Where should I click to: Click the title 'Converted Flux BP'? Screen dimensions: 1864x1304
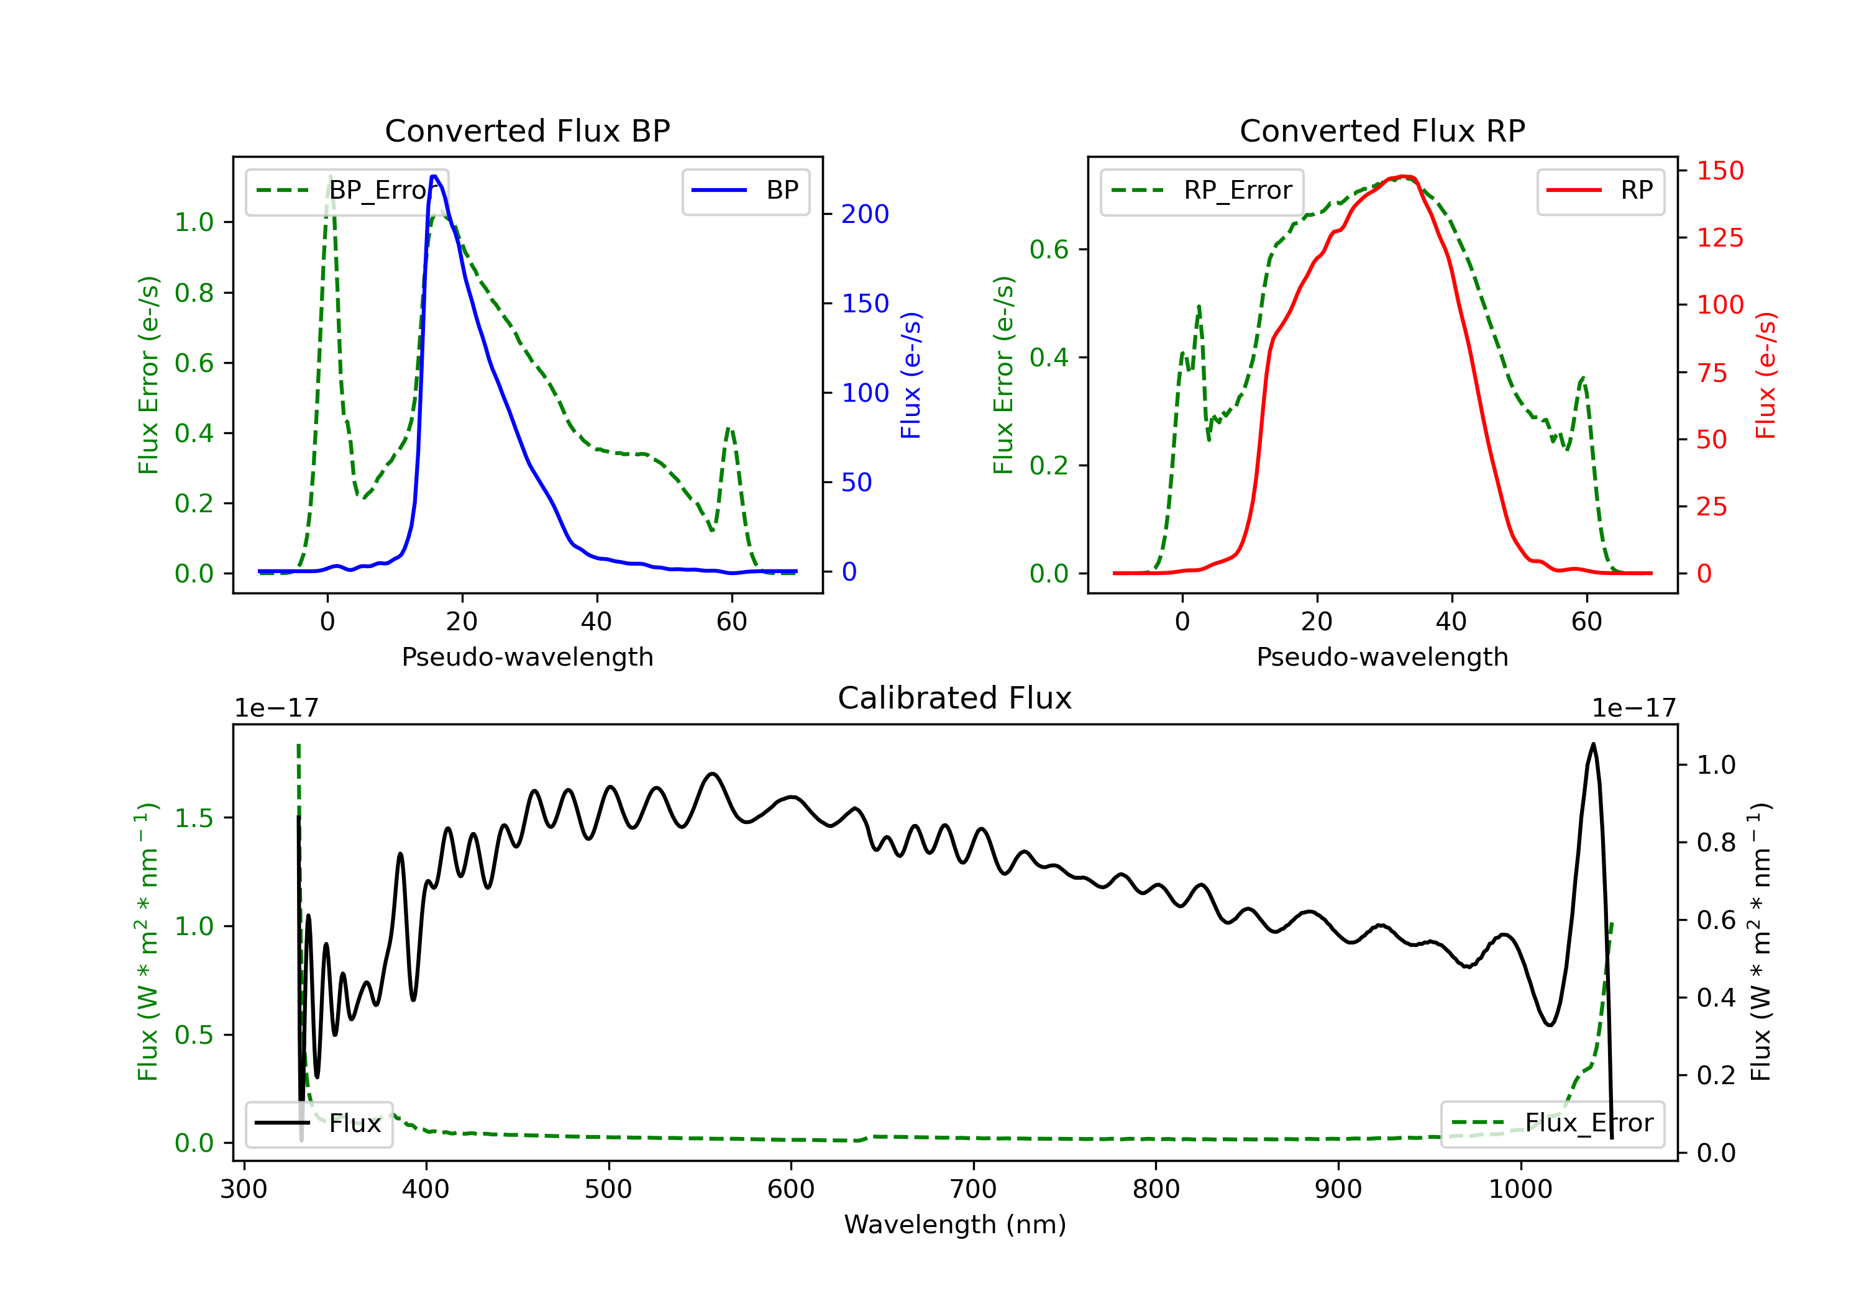coord(527,130)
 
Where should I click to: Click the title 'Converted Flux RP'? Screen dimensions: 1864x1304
coord(1382,130)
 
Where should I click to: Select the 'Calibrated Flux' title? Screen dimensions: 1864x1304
coord(955,698)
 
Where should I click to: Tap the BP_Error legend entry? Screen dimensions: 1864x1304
coord(347,191)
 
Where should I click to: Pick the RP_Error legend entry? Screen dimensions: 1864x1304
coord(1202,191)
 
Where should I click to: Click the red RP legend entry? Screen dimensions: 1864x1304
coord(1600,191)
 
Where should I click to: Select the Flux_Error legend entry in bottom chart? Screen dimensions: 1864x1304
coord(1551,1123)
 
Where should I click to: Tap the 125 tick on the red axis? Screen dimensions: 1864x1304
coord(1719,238)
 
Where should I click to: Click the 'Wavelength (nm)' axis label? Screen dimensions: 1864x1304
coord(955,1225)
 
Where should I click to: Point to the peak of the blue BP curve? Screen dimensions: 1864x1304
coord(434,176)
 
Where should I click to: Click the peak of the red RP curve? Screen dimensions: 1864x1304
coord(1404,176)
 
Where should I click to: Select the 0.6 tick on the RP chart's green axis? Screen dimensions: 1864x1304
coord(1049,249)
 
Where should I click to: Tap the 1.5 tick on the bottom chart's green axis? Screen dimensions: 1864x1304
coord(194,818)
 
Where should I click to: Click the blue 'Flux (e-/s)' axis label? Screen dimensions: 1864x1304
coord(911,375)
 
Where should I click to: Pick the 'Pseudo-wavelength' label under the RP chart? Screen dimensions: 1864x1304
coord(1382,656)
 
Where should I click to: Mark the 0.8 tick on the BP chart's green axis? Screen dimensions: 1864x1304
coord(194,293)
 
